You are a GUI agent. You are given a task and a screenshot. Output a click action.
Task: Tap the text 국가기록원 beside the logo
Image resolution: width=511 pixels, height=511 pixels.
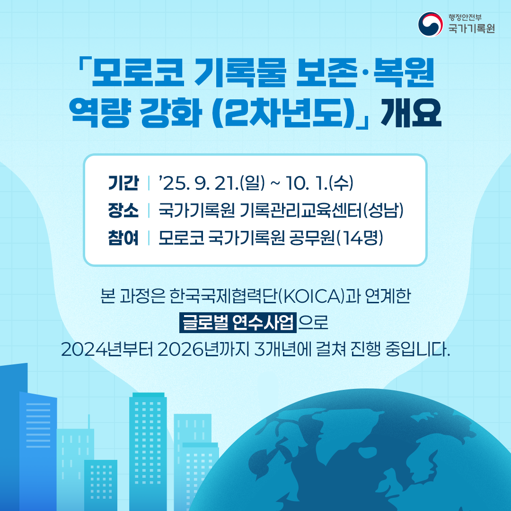(472, 29)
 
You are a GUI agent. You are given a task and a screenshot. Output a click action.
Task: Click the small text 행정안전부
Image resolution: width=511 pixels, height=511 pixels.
(466, 18)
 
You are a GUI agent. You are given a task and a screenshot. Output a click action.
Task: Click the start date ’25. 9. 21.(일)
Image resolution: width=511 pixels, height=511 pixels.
(211, 183)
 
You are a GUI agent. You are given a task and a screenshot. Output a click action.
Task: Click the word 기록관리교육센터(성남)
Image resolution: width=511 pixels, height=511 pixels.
(322, 211)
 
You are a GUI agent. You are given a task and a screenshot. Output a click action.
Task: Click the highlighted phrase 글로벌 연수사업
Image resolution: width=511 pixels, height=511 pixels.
(237, 324)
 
